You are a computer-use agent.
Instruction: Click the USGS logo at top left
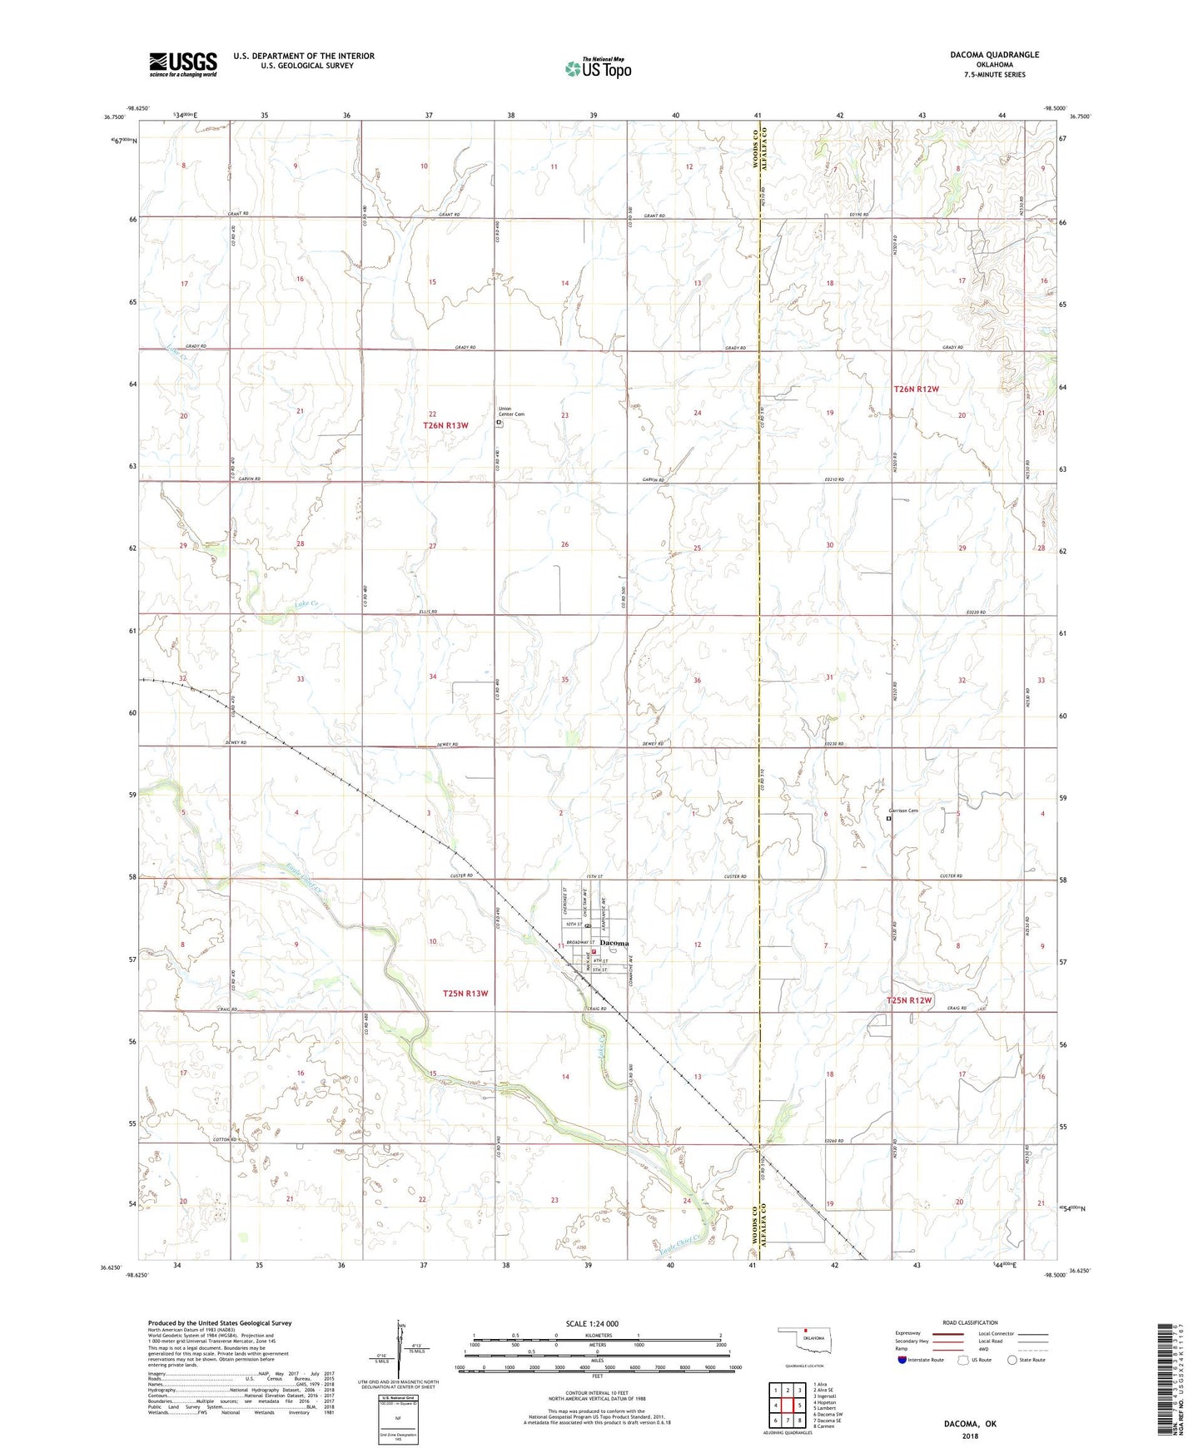(x=182, y=64)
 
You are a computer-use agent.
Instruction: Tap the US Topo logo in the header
(x=598, y=68)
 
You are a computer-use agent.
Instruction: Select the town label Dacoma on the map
(x=614, y=943)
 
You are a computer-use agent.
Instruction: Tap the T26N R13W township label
(x=445, y=425)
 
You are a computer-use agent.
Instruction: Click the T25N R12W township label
(x=909, y=1000)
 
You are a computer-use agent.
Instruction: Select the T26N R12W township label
(x=916, y=389)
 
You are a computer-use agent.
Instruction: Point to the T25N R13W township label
(x=465, y=994)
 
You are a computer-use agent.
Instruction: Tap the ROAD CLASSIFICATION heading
(x=970, y=1322)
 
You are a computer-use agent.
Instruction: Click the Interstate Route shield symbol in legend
(x=902, y=1360)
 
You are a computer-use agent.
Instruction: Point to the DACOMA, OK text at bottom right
(x=970, y=1423)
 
